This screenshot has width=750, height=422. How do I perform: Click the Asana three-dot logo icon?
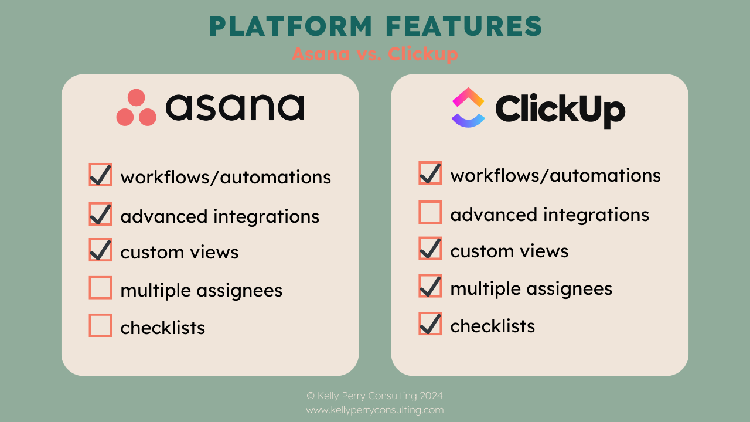tap(136, 108)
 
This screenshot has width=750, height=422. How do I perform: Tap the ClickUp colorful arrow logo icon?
tap(468, 107)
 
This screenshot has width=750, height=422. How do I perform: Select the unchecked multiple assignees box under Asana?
tap(100, 288)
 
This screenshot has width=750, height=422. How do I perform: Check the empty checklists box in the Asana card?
tap(100, 325)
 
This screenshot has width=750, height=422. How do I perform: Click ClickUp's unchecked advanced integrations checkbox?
tap(430, 212)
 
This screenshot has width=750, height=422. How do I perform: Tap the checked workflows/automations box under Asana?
tap(100, 175)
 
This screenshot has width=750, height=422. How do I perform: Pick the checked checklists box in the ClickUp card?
tap(430, 324)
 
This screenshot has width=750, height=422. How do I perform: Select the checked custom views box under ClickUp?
tap(430, 249)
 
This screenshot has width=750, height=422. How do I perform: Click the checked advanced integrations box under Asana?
tap(100, 214)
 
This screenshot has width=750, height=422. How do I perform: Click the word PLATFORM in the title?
tap(291, 27)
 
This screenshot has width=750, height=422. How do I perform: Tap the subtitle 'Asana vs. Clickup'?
tap(375, 54)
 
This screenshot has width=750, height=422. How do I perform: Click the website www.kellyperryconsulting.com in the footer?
tap(375, 410)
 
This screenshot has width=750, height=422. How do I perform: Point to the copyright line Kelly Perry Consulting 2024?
tap(375, 396)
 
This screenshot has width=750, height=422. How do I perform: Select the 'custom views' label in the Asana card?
tap(179, 252)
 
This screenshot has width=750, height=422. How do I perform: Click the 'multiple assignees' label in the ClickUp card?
tap(531, 288)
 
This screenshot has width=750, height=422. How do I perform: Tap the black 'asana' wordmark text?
tap(234, 107)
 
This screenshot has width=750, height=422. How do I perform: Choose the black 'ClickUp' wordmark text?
tap(560, 109)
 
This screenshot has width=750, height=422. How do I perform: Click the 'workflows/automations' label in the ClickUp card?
tap(555, 175)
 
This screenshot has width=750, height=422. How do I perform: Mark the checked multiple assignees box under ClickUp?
tap(430, 286)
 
